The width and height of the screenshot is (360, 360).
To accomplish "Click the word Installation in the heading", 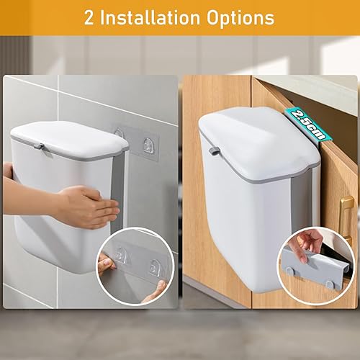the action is (150, 18).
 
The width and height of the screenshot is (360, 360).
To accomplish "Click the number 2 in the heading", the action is (89, 18).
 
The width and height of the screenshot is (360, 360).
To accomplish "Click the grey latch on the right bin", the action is (214, 151).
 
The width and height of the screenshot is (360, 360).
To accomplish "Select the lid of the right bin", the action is (259, 142).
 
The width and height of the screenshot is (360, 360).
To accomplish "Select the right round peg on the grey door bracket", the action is (329, 285).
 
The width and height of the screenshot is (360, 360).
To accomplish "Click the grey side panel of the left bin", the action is (118, 192).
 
